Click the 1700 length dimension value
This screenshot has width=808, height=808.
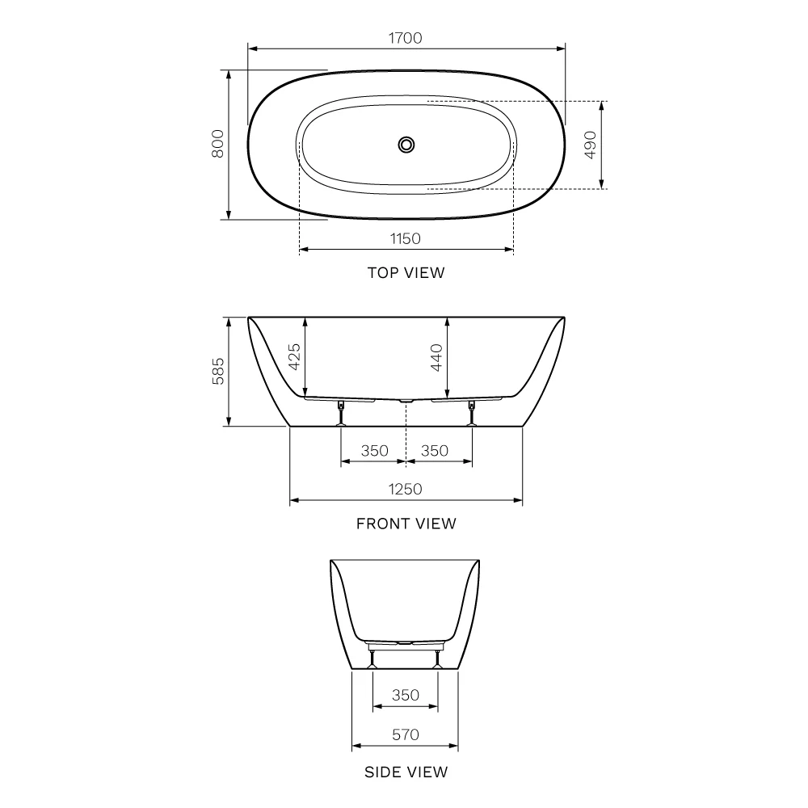point(405,38)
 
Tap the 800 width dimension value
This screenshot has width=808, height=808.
point(218,144)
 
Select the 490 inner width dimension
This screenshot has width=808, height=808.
point(591,145)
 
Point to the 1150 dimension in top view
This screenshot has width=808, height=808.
point(405,238)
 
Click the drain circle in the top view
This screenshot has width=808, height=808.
point(406,145)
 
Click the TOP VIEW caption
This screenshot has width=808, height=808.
point(406,272)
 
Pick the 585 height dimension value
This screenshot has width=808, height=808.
point(218,371)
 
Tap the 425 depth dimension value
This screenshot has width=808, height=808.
point(294,356)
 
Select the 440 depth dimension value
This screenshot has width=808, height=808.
point(436,357)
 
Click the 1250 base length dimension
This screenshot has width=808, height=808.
point(405,489)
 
